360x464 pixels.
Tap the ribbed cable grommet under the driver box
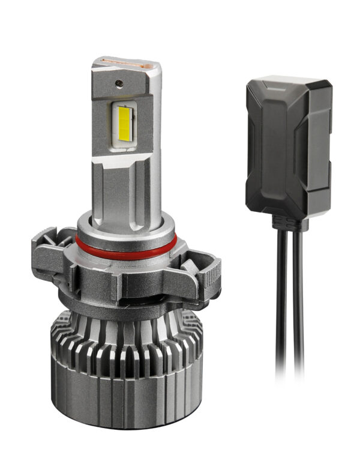click(x=289, y=224)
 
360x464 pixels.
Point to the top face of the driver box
click(x=288, y=84)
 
